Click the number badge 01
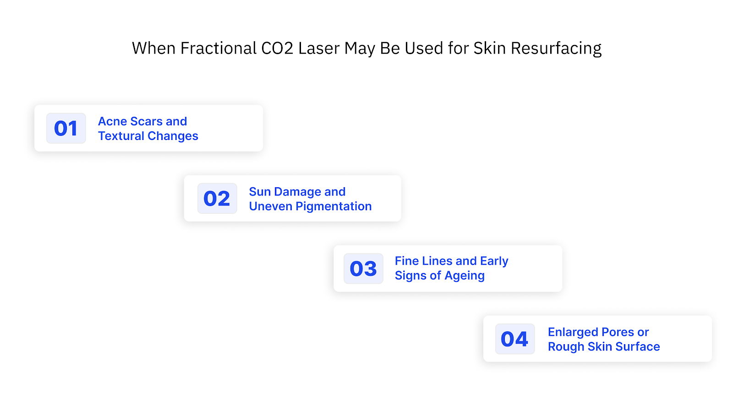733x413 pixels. (x=66, y=128)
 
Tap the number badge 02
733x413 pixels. (x=217, y=199)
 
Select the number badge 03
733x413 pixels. (x=363, y=269)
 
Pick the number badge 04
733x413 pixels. (x=514, y=339)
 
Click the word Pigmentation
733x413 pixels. (x=334, y=206)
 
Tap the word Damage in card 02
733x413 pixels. (x=298, y=192)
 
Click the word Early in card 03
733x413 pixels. (x=494, y=261)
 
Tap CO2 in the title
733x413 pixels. (x=277, y=49)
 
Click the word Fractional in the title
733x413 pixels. (x=218, y=49)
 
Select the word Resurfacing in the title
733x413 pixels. (x=556, y=49)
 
